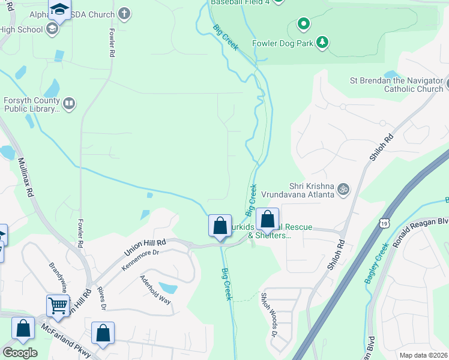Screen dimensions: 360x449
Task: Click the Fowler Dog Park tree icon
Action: (x=323, y=42)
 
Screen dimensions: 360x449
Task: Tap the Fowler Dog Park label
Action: (x=285, y=43)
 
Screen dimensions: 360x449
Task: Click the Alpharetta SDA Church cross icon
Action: (x=124, y=13)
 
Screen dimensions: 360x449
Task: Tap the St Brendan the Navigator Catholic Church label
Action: (x=396, y=85)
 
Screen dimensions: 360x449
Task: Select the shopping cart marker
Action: (x=58, y=305)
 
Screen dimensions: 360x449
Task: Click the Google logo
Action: (x=19, y=353)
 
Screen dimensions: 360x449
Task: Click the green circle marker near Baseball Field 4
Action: (x=304, y=25)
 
